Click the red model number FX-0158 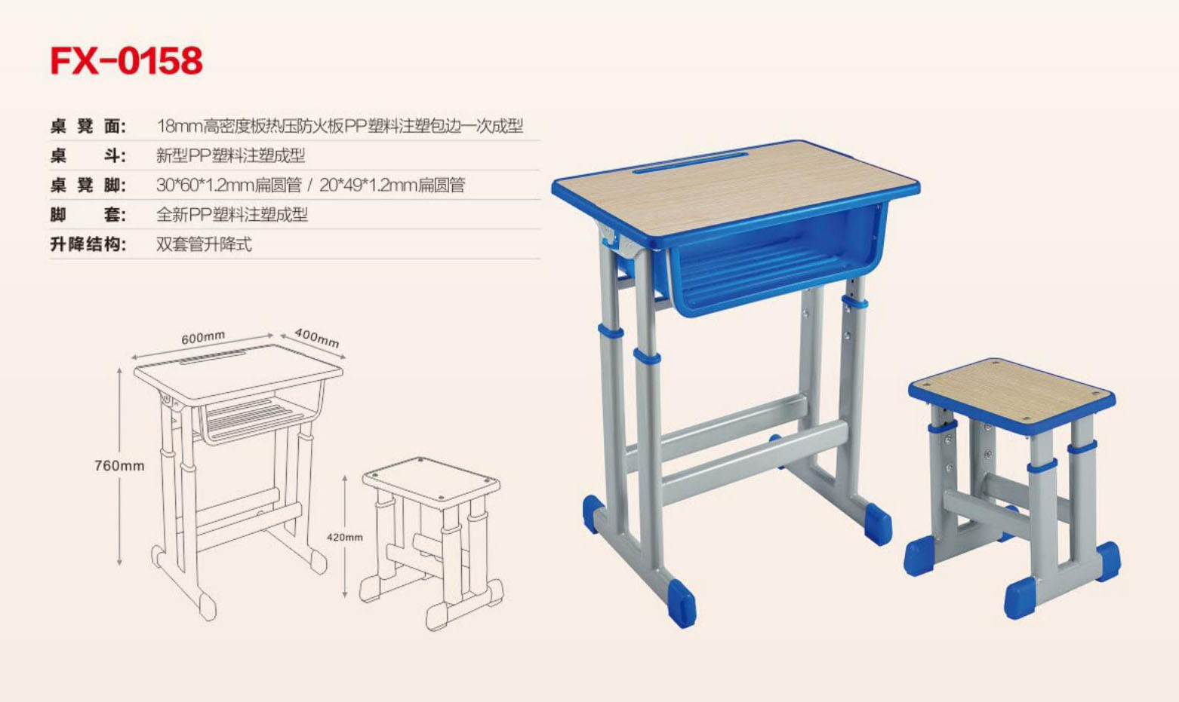[126, 60]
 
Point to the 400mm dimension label [316, 338]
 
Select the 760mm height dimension [119, 465]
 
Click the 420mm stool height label [345, 537]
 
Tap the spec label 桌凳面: [88, 126]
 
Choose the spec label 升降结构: [88, 244]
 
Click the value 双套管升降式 [205, 244]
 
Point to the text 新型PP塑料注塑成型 [230, 155]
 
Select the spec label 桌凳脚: [88, 185]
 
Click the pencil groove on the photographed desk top [691, 162]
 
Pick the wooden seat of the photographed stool [1011, 392]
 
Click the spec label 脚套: [88, 215]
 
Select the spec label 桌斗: [88, 155]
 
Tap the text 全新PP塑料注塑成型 [232, 215]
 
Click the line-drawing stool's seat [431, 480]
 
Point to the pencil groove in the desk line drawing [213, 357]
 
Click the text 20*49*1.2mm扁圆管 [392, 185]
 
